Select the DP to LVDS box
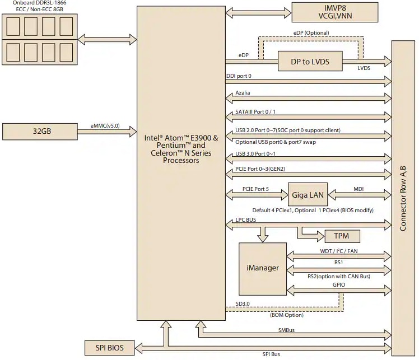click(x=310, y=60)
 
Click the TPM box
click(x=338, y=236)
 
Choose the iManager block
click(x=263, y=268)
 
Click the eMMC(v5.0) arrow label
click(x=113, y=126)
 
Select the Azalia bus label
click(x=243, y=92)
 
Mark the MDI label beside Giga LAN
click(x=359, y=189)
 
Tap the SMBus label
click(x=286, y=330)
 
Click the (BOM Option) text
click(x=287, y=315)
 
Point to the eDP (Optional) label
click(x=311, y=33)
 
